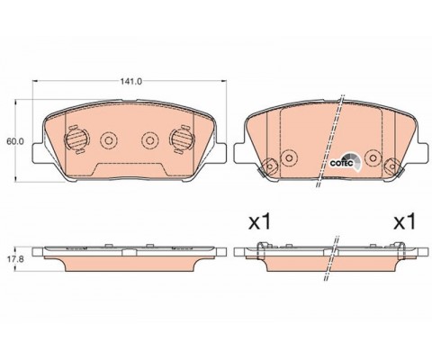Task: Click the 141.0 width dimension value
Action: click(x=130, y=81)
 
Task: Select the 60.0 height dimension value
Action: click(x=15, y=141)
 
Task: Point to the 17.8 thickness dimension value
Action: click(x=15, y=258)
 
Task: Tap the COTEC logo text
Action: click(x=341, y=164)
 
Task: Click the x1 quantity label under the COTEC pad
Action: click(x=260, y=222)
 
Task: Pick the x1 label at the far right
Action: click(x=404, y=222)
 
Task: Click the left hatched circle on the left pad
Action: click(x=76, y=139)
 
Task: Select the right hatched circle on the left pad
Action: click(x=182, y=139)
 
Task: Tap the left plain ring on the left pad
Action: click(x=109, y=139)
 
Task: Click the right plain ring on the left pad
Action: click(x=150, y=139)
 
